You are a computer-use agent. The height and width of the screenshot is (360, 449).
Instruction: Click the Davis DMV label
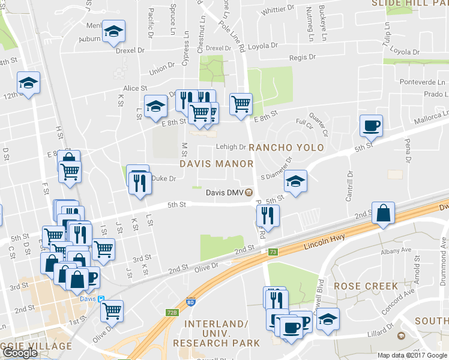point(225,193)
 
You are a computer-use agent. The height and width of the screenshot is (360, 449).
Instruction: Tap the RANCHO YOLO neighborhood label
point(286,148)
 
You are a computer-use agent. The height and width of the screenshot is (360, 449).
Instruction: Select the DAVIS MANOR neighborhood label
point(216,163)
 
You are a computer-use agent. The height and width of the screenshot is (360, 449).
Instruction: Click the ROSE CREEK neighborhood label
point(366,286)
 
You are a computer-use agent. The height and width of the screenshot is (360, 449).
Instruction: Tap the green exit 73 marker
point(273,251)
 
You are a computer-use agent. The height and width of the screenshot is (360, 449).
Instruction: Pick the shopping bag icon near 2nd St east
point(383,213)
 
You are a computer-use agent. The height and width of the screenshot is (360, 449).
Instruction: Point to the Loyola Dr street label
point(262,45)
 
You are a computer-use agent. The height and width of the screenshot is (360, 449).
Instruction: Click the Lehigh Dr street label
point(231,146)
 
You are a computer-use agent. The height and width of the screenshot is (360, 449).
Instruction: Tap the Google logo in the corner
point(20,353)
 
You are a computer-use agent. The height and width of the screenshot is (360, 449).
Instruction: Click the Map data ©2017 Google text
point(411,355)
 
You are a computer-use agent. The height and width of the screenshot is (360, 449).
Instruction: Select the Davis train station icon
point(101,299)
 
